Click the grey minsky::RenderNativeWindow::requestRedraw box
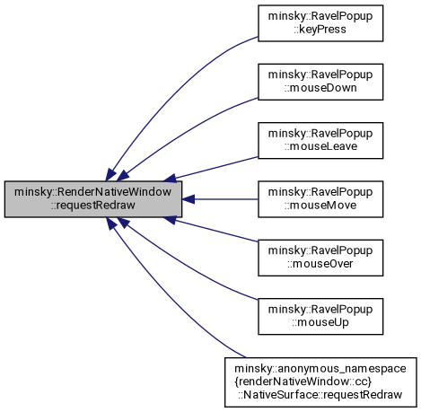tap(93, 199)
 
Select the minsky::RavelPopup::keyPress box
tap(320, 23)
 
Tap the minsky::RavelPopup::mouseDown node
tap(320, 82)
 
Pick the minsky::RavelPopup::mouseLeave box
tap(320, 140)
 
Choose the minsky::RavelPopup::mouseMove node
tap(320, 199)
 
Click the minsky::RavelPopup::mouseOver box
tap(320, 258)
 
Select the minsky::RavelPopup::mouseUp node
tap(320, 316)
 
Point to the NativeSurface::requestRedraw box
tap(320, 382)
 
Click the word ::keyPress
tap(320, 30)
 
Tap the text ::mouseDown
tap(320, 88)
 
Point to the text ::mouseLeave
tap(320, 146)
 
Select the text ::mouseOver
tap(320, 264)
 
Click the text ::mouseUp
tap(320, 323)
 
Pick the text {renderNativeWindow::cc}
tap(303, 381)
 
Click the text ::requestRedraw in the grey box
tap(93, 206)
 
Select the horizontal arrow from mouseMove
tap(220, 199)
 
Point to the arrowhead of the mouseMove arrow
tap(189, 199)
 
